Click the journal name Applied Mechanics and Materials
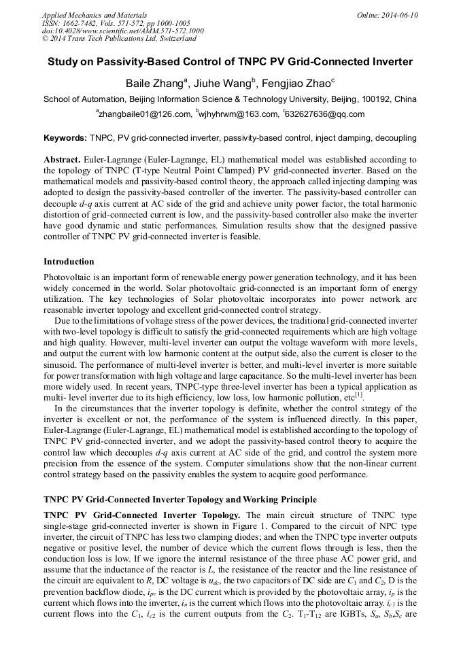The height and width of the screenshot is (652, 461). coord(94,15)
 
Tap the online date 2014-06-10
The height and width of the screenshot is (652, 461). coord(399,15)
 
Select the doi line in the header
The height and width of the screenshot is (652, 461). coord(122,31)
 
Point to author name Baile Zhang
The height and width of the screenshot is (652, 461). coord(153,84)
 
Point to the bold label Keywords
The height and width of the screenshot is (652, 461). coord(65,138)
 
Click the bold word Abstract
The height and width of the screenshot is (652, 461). coord(62,158)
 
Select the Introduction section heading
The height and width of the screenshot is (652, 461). coord(69,261)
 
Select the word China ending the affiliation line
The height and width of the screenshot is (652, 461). coord(405,99)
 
